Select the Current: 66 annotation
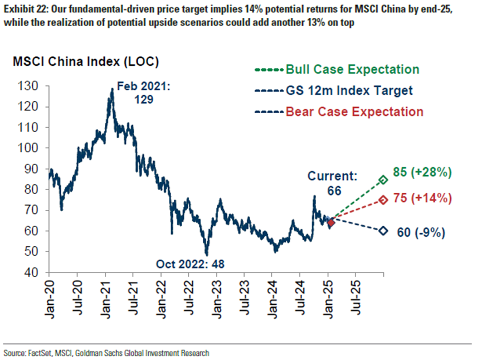coord(333,183)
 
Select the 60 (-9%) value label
coord(419,233)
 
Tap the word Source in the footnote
coord(14,353)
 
